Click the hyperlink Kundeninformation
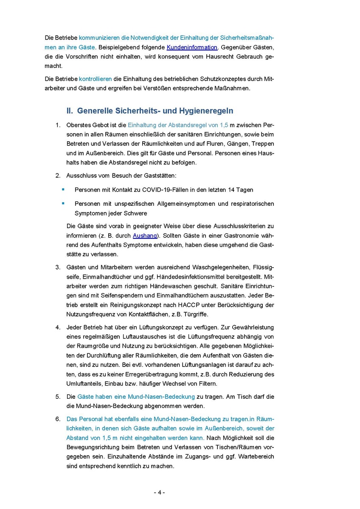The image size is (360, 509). [192, 47]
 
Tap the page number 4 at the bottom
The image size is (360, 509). [159, 492]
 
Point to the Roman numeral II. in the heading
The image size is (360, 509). [70, 111]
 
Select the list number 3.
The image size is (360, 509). [58, 267]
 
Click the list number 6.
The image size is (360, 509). [58, 419]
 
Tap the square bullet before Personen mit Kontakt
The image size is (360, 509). [63, 189]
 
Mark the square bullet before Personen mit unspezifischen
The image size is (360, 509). [63, 203]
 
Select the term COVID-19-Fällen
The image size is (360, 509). [164, 190]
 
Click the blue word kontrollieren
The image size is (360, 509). [96, 79]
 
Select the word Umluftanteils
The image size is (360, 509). [86, 384]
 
